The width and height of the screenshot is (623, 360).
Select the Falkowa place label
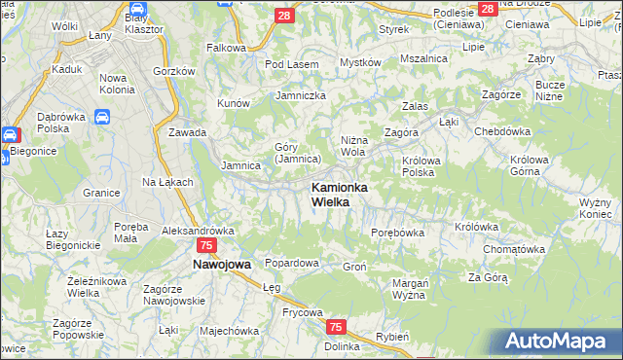tap(225, 48)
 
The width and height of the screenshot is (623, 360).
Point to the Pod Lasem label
tap(291, 64)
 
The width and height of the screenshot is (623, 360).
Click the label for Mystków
tap(359, 62)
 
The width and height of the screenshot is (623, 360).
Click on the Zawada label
tap(188, 132)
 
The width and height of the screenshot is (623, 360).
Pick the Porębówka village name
tap(398, 233)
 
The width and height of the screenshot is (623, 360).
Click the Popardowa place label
tap(292, 263)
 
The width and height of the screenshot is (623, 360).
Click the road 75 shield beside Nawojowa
tap(205, 247)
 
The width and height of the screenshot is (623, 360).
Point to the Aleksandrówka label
tap(199, 231)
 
